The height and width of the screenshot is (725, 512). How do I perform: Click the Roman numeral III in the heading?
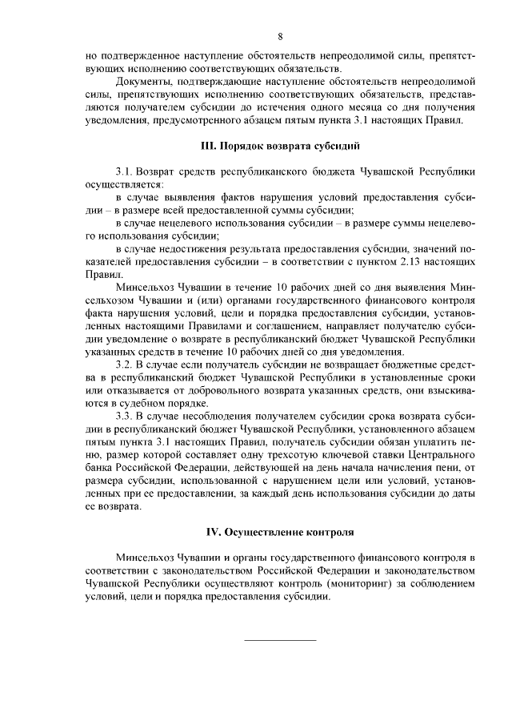pos(206,147)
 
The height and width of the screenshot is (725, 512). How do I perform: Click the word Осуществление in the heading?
pos(261,532)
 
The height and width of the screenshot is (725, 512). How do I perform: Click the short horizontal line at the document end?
pos(280,638)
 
